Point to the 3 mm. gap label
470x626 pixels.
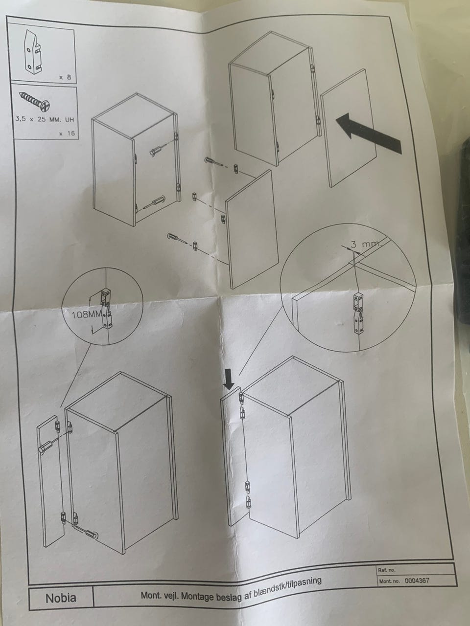coord(365,245)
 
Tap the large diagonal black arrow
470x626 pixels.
coord(369,133)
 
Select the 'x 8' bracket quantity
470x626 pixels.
coord(65,77)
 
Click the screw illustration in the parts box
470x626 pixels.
coord(34,101)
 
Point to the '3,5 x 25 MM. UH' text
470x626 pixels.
coord(45,119)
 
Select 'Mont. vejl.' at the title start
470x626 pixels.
coord(160,588)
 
